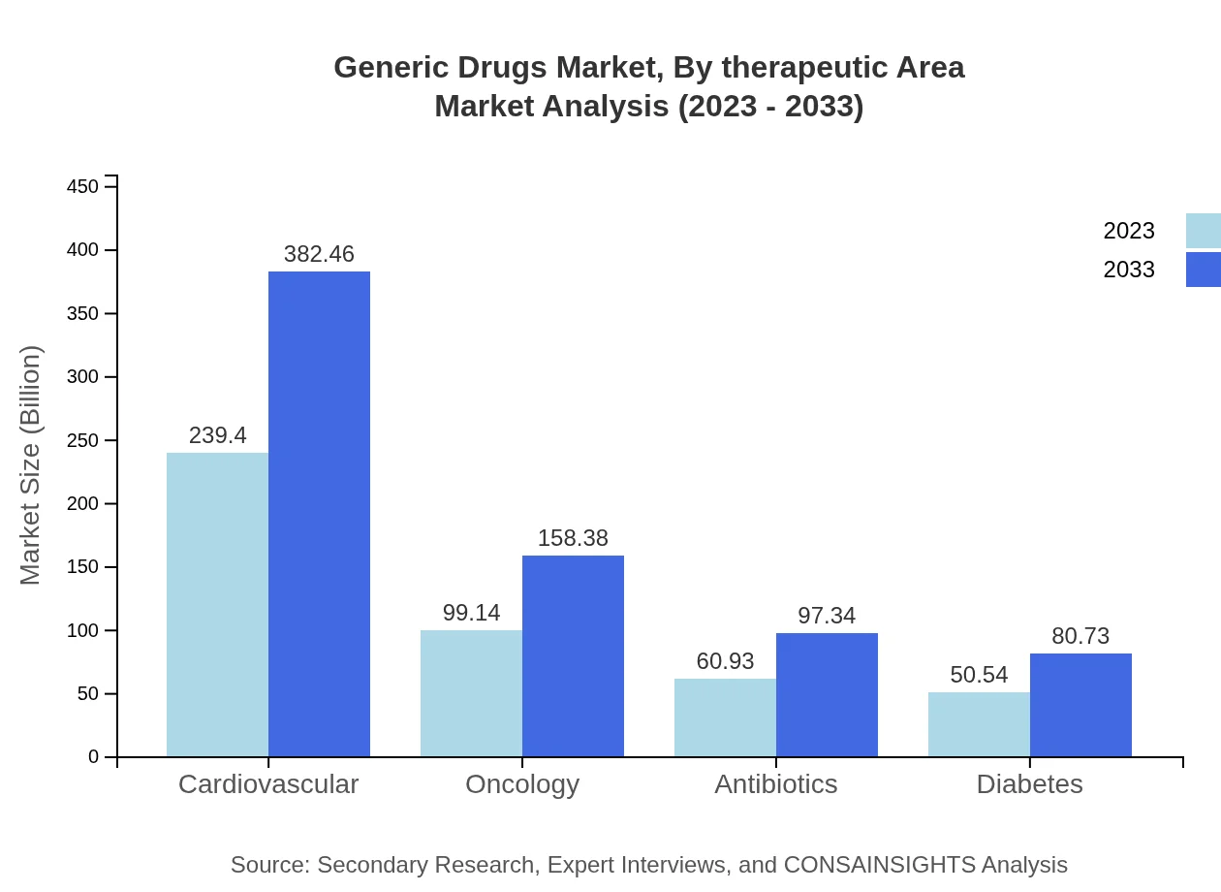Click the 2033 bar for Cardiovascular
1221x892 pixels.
coord(319,514)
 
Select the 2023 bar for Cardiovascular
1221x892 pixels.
coord(217,604)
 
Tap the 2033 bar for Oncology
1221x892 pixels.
coord(573,655)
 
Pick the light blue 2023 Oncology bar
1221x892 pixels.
coord(471,693)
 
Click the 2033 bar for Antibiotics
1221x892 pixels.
coord(827,694)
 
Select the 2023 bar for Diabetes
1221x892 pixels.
coord(979,724)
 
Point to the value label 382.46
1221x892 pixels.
coord(319,254)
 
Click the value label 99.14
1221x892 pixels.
coord(471,613)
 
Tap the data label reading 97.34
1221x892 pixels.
coord(827,616)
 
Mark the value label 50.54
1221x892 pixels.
coord(979,675)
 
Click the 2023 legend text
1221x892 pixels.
coord(1129,231)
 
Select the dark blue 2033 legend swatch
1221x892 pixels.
coord(1203,270)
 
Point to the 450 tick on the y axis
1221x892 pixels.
coord(83,186)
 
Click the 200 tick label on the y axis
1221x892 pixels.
coord(83,503)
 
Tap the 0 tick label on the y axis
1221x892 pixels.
coord(94,756)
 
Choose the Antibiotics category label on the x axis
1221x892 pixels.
coord(775,783)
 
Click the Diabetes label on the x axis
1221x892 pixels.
coord(1029,783)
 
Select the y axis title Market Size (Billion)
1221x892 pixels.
coord(31,465)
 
